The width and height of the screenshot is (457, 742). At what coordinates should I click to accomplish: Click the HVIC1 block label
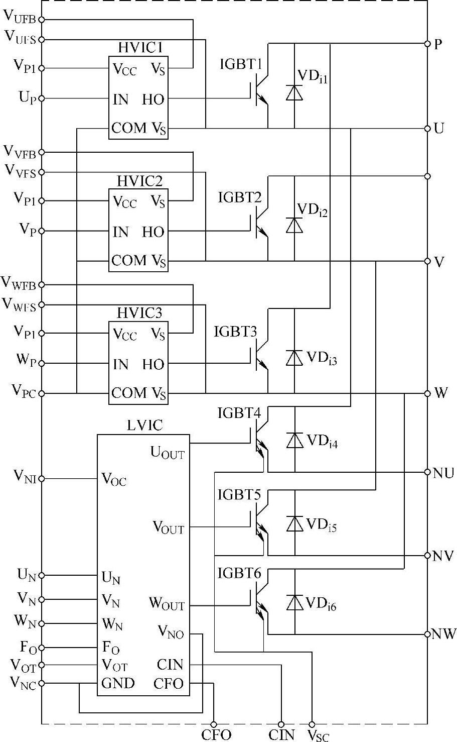coord(140,48)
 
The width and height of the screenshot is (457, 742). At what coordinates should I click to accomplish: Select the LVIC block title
coord(145,426)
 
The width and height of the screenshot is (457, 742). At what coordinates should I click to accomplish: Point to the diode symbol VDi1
coord(294,92)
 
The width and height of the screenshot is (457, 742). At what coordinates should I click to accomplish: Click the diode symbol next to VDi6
coord(294,602)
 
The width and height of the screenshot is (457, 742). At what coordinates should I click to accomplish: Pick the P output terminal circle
coord(427,44)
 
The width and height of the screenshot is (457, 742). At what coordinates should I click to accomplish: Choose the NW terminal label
coord(444,634)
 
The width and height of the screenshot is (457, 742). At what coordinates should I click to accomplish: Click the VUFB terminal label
coord(20,17)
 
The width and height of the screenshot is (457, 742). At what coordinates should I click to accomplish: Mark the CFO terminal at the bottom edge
coord(214,724)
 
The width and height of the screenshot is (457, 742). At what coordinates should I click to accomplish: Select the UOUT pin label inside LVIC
coord(168,453)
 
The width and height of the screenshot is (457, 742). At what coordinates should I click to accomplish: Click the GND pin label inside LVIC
coord(118,683)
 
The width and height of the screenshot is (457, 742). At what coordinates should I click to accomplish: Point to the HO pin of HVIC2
coord(153,232)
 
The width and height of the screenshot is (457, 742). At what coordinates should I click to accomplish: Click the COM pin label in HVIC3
coord(129,392)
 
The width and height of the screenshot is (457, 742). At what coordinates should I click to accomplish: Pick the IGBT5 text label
coord(239,495)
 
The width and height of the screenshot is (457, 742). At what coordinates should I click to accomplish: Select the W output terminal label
coord(441,393)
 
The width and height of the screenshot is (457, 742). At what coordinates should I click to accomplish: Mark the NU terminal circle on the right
coord(427,472)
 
